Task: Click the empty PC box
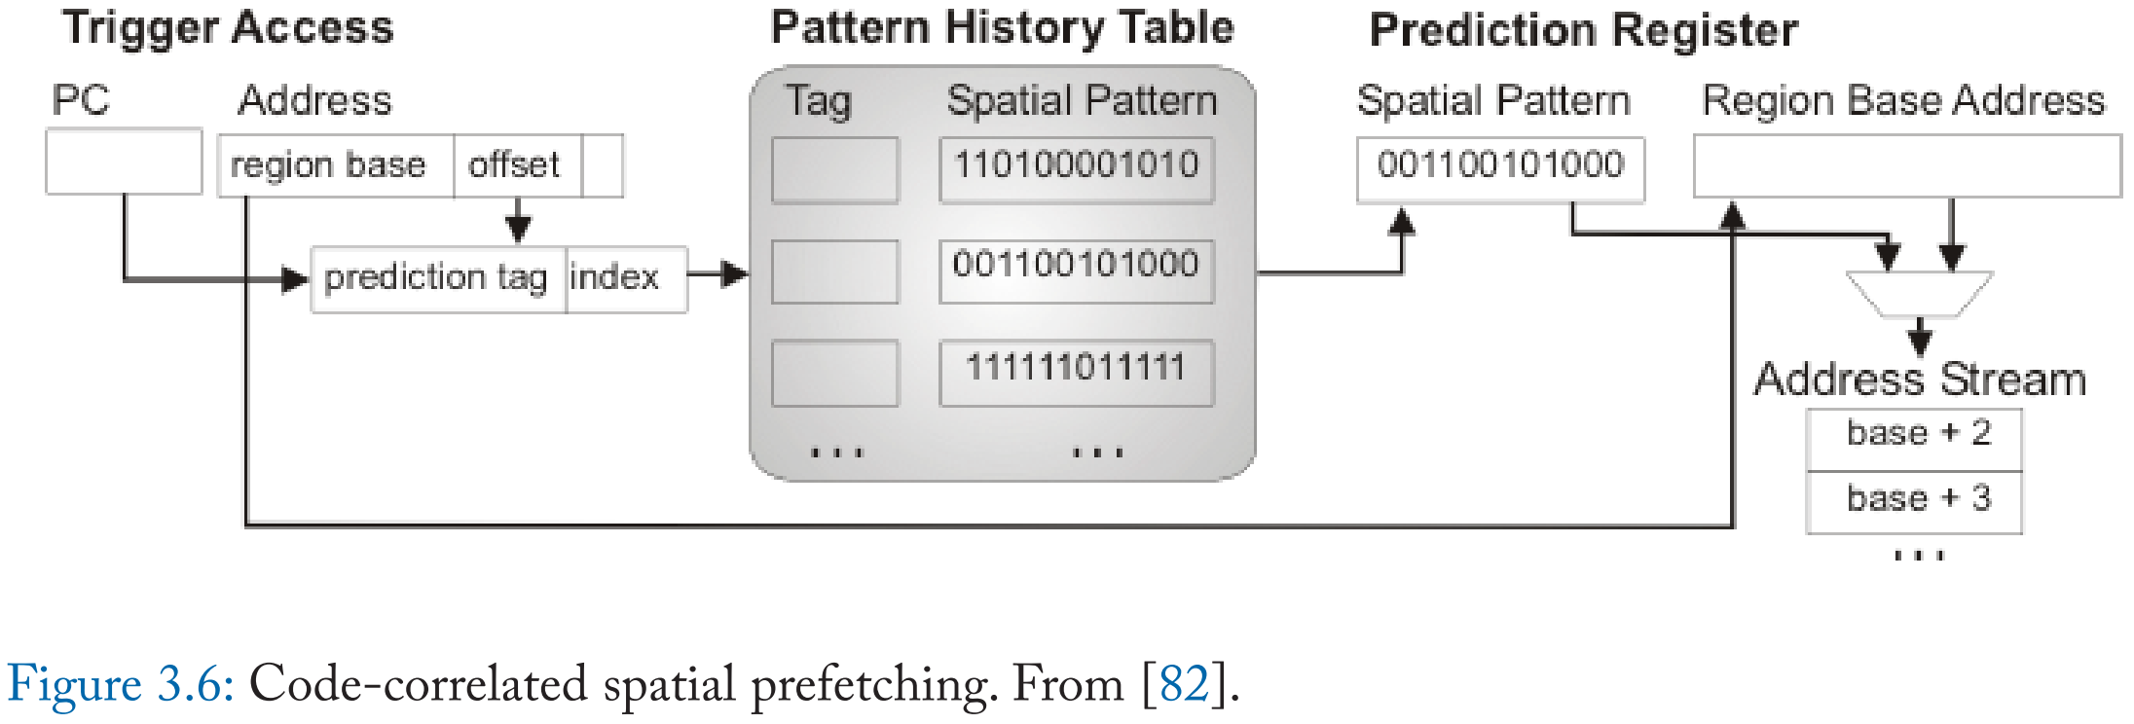click(x=124, y=162)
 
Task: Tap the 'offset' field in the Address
click(x=516, y=165)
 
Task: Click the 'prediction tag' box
click(x=437, y=279)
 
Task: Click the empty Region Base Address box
click(x=1906, y=166)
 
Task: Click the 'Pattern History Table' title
click(x=1002, y=27)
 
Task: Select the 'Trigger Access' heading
click(x=228, y=27)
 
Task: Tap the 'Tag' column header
click(x=818, y=101)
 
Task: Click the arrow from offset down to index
click(x=518, y=221)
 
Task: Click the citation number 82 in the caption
click(x=1184, y=684)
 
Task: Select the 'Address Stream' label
click(x=1919, y=379)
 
